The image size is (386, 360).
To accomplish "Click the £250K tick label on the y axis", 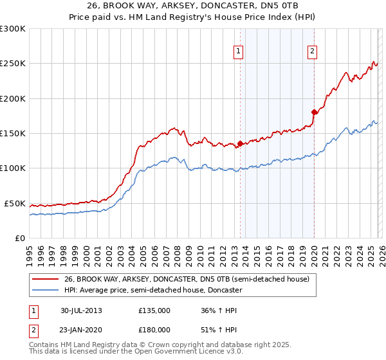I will [13, 64].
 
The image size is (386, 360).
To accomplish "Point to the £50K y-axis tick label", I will [15, 203].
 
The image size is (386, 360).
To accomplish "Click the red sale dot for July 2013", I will [240, 143].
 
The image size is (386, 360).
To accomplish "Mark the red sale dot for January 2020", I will [314, 113].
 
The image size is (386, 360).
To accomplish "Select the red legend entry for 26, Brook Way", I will [187, 280].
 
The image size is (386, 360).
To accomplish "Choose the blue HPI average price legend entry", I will [152, 291].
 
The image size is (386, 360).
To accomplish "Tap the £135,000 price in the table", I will [154, 310].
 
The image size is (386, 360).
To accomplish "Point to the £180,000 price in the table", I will [154, 329].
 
